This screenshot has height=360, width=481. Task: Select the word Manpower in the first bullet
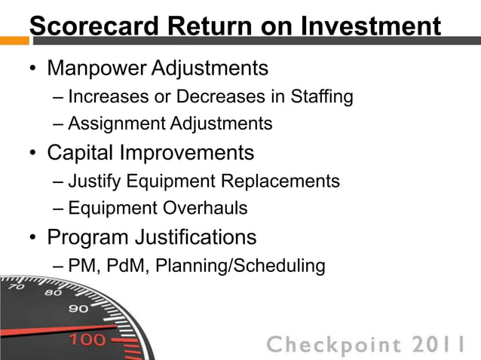97,69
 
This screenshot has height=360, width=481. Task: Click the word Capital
82,153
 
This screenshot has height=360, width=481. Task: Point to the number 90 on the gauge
78,308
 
